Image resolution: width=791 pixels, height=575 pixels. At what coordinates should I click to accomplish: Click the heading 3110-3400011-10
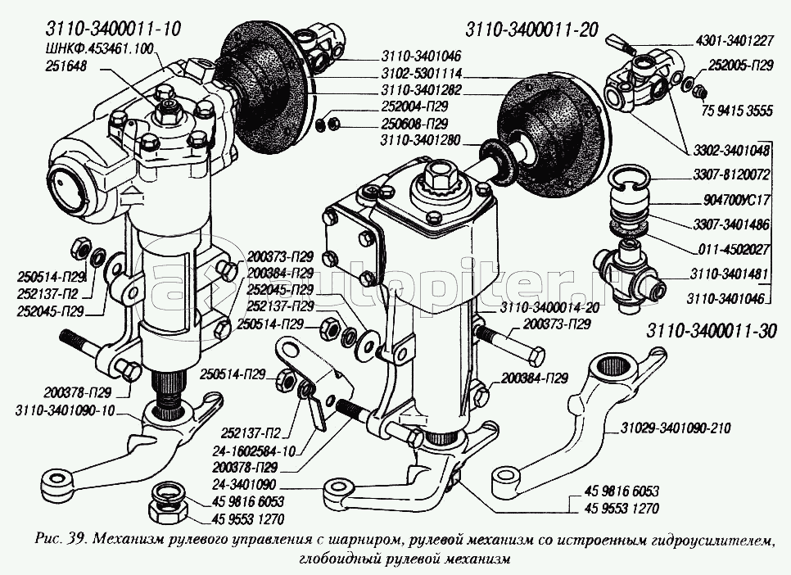[112, 29]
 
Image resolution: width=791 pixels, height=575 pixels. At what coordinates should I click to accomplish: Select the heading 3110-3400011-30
[712, 331]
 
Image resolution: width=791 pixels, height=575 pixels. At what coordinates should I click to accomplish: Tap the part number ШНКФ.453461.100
[98, 49]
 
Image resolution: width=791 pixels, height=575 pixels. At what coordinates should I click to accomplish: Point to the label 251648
[66, 66]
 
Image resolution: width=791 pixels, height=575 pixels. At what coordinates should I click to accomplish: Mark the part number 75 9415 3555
[736, 110]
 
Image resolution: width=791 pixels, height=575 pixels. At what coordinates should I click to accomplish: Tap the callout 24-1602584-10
[251, 451]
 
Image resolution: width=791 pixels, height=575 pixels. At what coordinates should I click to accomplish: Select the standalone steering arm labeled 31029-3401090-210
[595, 404]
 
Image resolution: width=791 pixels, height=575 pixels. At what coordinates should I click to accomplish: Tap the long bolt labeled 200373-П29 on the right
[509, 345]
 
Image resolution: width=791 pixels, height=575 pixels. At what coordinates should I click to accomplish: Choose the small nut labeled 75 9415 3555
[699, 93]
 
